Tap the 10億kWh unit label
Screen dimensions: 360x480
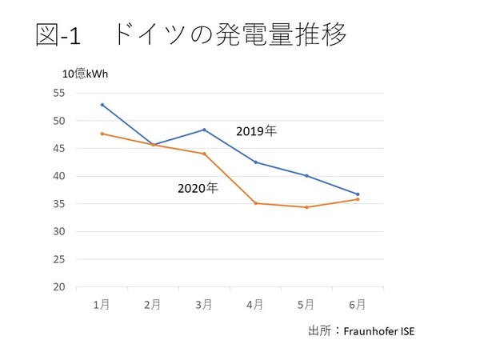point(85,74)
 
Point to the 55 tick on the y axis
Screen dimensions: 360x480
point(59,93)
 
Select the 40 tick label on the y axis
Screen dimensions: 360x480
point(59,176)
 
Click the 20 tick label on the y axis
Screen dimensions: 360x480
point(59,286)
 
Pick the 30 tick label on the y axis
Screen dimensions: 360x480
point(59,231)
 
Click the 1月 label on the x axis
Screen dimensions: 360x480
point(102,304)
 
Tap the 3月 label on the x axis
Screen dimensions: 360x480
point(204,304)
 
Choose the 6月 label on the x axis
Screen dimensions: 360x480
point(358,304)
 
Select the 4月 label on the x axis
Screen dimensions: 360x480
point(255,304)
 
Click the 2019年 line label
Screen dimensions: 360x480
point(261,130)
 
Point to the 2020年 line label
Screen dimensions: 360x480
point(197,189)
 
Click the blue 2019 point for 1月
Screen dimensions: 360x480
point(102,105)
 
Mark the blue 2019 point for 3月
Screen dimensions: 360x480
point(204,130)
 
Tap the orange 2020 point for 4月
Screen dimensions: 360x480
point(255,203)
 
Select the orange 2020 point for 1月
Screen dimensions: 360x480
point(102,134)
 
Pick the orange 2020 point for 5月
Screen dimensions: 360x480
point(306,207)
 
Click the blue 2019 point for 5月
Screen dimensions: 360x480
point(306,176)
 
